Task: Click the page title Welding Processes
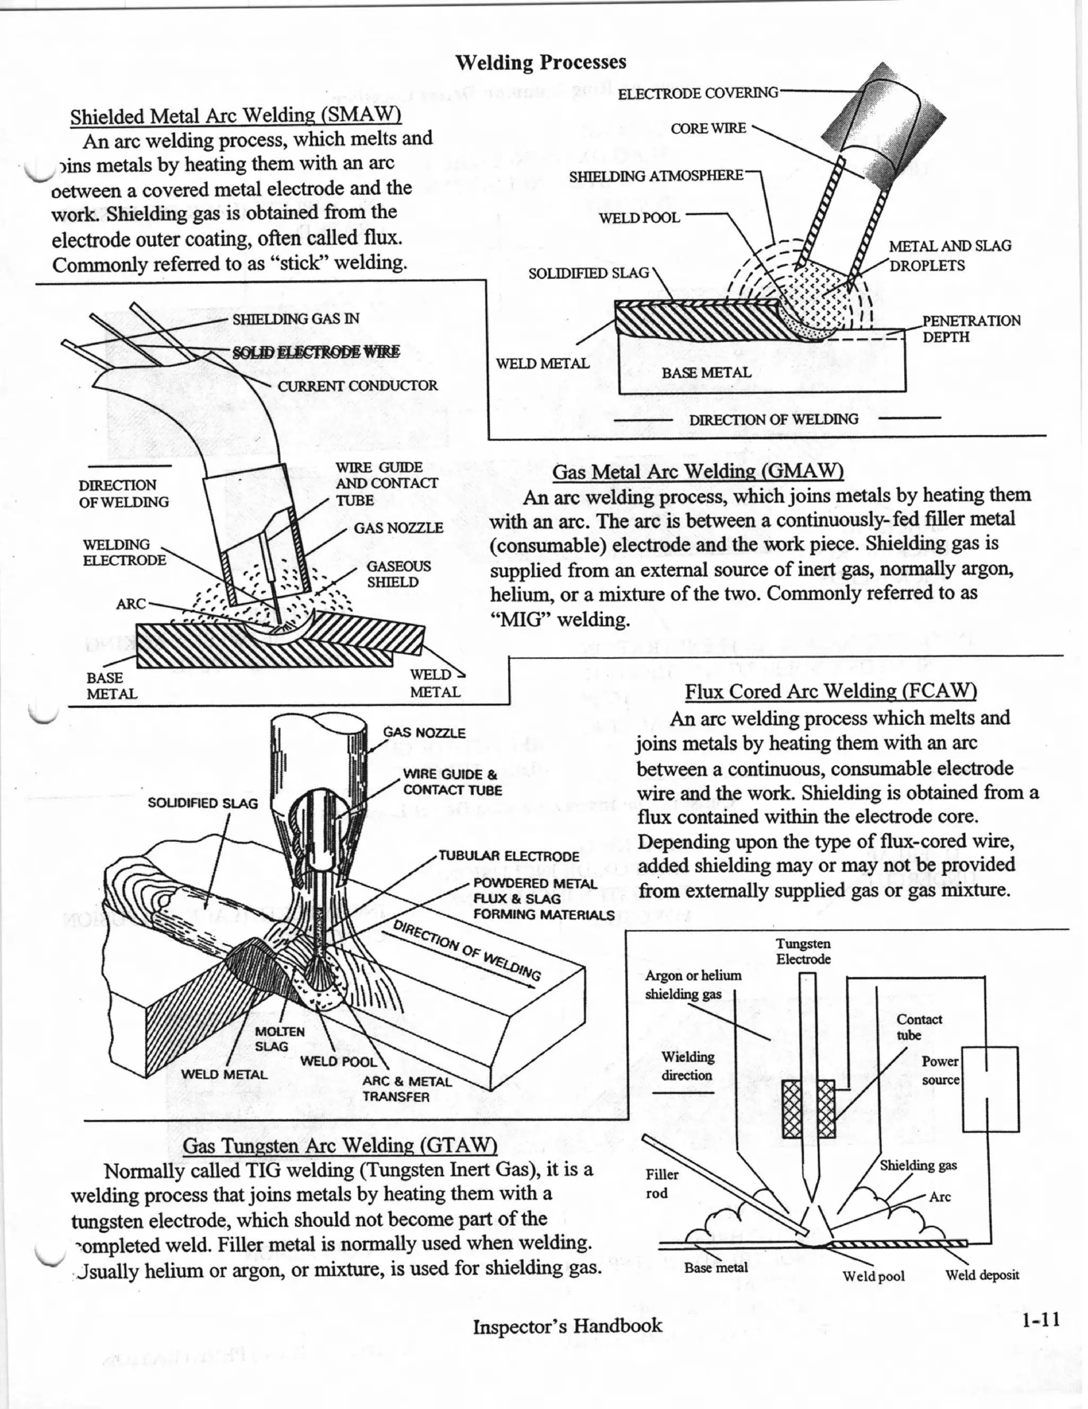540,63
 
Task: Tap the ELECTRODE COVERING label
698,93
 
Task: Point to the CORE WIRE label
708,129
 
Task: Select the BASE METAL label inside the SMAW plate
706,373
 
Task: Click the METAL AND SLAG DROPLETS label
949,255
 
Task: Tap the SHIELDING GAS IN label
295,319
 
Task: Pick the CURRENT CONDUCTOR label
357,386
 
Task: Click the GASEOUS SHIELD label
398,574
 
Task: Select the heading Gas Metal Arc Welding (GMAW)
698,472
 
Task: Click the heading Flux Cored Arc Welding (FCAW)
830,691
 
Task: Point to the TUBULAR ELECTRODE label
508,856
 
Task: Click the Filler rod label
661,1183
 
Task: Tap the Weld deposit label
982,1275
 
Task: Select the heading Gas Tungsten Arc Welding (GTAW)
339,1145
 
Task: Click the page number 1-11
1040,1319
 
